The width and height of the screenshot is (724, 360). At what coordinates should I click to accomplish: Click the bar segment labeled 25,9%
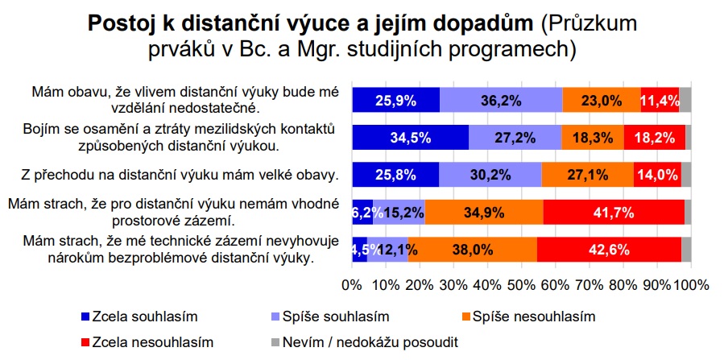[x=395, y=100]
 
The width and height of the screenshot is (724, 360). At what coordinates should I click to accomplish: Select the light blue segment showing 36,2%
[x=501, y=100]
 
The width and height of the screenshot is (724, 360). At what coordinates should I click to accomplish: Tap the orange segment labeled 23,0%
[x=601, y=100]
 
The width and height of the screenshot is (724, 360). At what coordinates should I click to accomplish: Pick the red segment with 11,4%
[x=660, y=100]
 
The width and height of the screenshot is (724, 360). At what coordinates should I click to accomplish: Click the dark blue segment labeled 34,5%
[x=411, y=137]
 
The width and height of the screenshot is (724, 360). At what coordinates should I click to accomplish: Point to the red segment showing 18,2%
[x=655, y=137]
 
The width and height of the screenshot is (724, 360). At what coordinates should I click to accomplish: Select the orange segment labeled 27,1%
[x=588, y=175]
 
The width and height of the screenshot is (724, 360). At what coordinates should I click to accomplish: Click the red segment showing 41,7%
[x=614, y=213]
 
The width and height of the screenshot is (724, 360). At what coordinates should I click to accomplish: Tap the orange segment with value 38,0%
[x=473, y=250]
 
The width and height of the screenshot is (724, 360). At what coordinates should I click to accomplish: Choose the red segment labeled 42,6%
[x=609, y=250]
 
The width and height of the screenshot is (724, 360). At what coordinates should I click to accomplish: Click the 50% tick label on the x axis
[x=522, y=284]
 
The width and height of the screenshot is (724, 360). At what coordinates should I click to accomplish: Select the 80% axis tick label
[x=623, y=284]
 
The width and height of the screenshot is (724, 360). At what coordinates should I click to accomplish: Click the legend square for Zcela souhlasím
[x=85, y=317]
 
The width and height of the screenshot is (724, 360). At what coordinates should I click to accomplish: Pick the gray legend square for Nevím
[x=274, y=342]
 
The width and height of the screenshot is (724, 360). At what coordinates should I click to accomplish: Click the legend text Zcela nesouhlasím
[x=153, y=342]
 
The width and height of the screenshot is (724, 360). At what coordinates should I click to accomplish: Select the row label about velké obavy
[x=180, y=175]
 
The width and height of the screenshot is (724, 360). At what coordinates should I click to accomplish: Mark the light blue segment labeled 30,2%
[x=490, y=175]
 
